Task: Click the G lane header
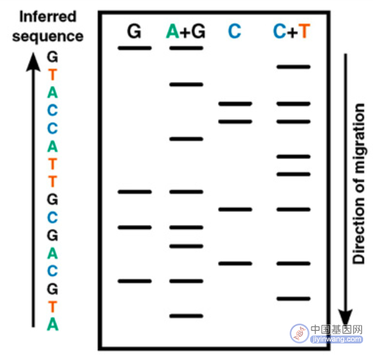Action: click(134, 31)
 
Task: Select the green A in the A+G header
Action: click(173, 31)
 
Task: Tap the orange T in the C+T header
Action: click(304, 31)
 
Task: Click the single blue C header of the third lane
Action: click(235, 31)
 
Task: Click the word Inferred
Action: click(48, 17)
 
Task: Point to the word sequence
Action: click(48, 36)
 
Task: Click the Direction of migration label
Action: click(358, 183)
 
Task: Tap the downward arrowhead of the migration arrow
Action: click(345, 318)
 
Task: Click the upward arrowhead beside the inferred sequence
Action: click(33, 62)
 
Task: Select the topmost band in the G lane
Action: click(135, 48)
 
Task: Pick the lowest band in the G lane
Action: click(135, 281)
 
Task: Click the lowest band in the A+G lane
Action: click(186, 316)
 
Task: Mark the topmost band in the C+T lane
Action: click(294, 67)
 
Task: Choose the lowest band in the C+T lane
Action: click(294, 299)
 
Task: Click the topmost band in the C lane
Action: click(235, 104)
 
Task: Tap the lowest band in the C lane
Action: click(235, 263)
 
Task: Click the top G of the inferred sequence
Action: click(52, 57)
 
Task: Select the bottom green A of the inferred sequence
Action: click(52, 324)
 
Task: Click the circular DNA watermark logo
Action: click(299, 334)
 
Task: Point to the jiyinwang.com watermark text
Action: click(337, 339)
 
